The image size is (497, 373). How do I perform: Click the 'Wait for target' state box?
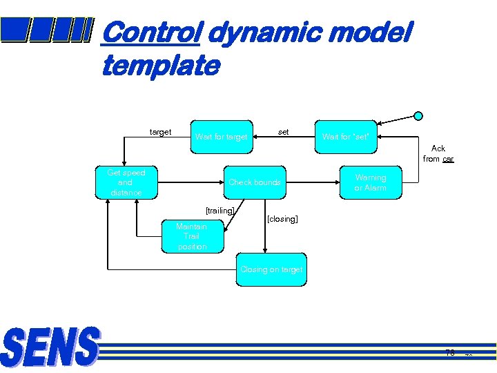[221, 137]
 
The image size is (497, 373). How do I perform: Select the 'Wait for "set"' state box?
[346, 137]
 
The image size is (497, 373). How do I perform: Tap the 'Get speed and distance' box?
[125, 183]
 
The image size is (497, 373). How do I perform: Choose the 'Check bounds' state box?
[255, 183]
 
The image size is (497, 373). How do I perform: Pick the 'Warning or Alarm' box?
[370, 183]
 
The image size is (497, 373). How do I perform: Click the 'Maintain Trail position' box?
[192, 236]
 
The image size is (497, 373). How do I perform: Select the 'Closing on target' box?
[271, 269]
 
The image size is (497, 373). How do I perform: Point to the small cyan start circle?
[418, 116]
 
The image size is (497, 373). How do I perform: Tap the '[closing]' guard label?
[282, 219]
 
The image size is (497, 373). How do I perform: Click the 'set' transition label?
[283, 131]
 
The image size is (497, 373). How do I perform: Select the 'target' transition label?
[161, 132]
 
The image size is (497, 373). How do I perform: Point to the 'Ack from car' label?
[438, 153]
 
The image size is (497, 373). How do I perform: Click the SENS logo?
[50, 347]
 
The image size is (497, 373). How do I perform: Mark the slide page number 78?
[450, 353]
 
